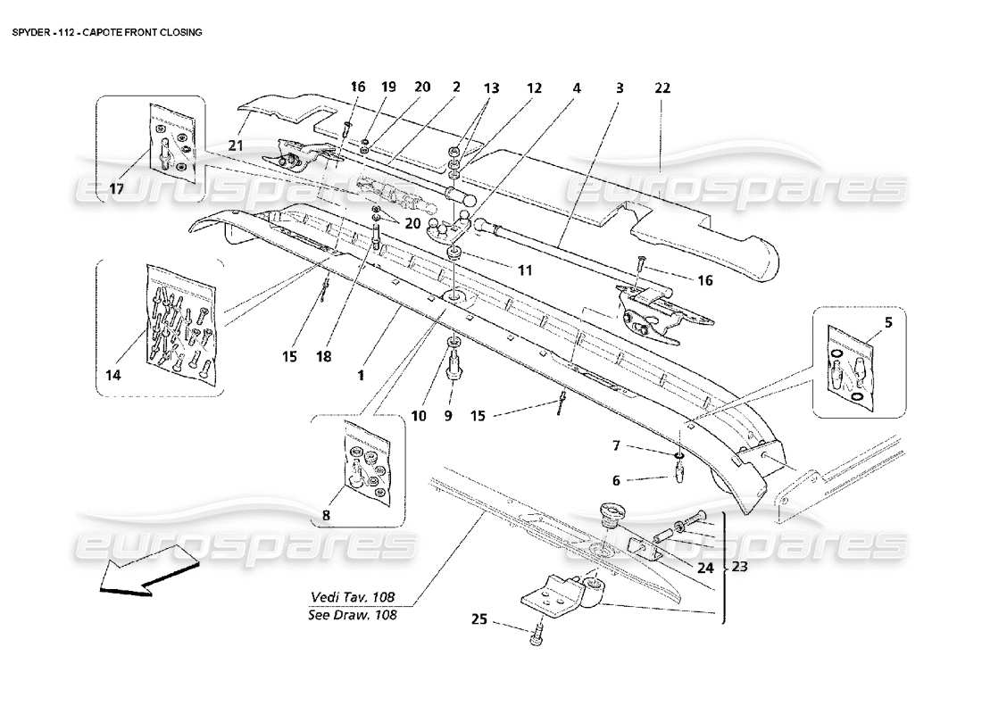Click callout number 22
(662, 88)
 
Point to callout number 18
(323, 356)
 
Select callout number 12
(534, 88)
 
